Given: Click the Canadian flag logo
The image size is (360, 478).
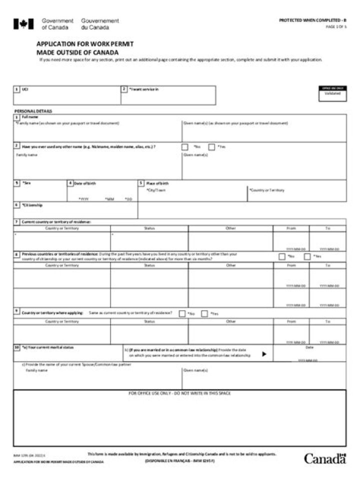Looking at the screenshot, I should tap(23, 23).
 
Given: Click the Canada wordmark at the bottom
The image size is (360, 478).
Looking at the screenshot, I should tap(324, 458).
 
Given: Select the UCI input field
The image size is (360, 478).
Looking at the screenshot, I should tap(67, 98).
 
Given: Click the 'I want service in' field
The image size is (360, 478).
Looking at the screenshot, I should tap(168, 98).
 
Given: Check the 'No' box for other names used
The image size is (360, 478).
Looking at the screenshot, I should tap(185, 147).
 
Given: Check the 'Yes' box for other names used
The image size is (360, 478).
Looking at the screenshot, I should tap(211, 147).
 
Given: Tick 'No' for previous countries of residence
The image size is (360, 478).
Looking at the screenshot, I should tap(282, 257).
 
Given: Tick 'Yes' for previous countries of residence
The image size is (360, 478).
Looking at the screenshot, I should tap(307, 257).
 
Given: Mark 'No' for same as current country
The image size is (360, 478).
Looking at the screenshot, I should tap(182, 314).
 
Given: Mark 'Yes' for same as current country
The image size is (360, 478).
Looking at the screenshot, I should tap(204, 314).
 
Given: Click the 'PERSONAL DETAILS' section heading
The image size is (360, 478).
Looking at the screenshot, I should tap(33, 111).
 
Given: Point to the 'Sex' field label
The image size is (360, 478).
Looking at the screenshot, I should tap(27, 183).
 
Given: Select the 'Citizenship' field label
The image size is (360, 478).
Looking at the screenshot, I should tap(32, 205).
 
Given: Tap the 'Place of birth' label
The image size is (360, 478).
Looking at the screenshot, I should tap(157, 183).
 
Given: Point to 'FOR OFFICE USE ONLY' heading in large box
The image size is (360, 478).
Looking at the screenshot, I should tap(179, 394).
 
